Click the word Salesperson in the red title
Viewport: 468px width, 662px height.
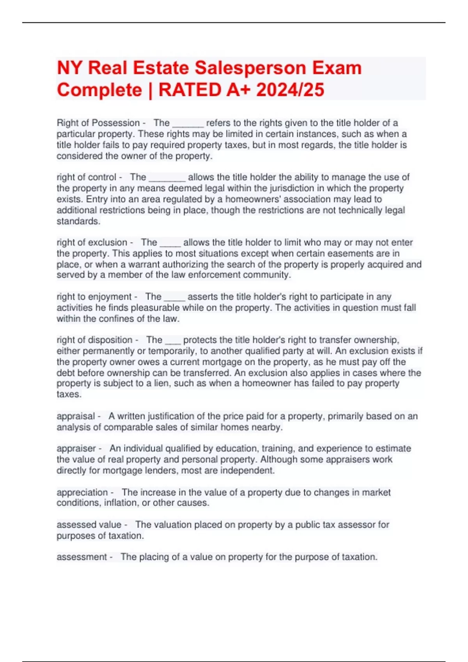250,68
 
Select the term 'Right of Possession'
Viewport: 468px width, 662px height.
98,123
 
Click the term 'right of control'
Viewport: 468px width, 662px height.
86,177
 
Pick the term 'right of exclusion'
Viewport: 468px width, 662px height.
92,243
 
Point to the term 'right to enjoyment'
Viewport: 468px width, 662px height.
94,297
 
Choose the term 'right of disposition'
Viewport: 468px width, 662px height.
94,340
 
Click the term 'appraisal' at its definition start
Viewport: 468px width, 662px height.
76,416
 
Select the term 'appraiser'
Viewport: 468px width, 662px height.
76,449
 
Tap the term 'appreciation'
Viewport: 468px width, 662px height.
82,492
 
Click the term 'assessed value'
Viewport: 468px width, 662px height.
89,525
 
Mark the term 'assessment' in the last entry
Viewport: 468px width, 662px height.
82,557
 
